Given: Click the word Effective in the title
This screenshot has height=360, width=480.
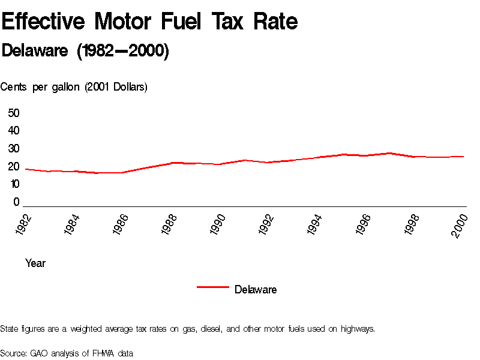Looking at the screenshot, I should tap(43, 22).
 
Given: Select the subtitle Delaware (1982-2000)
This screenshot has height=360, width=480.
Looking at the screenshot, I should tap(85, 51).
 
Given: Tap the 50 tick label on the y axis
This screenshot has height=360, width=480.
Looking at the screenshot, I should tap(14, 113).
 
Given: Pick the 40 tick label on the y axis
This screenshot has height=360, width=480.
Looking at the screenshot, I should tap(14, 131).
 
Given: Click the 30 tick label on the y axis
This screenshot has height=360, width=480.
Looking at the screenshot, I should tap(14, 149).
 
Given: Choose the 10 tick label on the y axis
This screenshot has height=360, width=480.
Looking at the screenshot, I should tap(14, 184).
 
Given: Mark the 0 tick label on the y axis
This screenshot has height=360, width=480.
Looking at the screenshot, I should tap(17, 202).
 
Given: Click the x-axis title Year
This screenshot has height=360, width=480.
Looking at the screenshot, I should tap(35, 263).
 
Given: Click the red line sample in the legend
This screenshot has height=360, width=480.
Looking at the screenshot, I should tap(213, 287).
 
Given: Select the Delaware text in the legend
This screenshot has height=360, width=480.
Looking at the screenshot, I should tap(256, 290).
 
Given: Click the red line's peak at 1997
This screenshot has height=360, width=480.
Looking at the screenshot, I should tap(390, 153).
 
